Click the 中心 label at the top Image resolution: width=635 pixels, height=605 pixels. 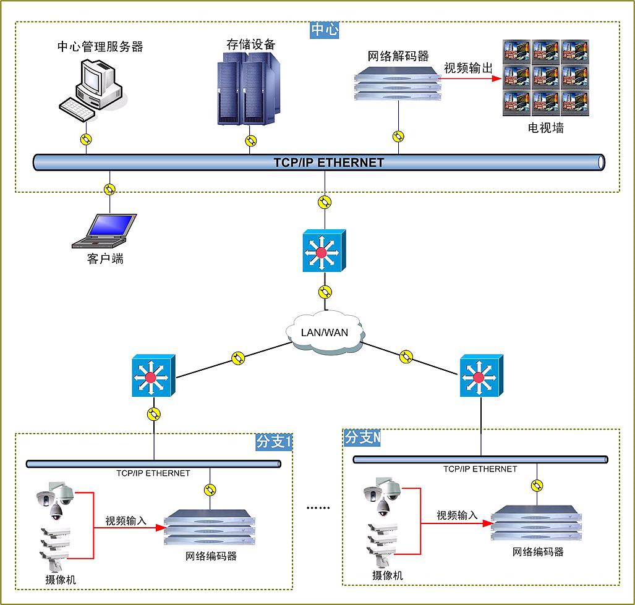click(x=325, y=30)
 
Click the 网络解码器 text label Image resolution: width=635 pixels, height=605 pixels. click(x=398, y=56)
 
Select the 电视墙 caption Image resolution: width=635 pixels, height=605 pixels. click(x=545, y=129)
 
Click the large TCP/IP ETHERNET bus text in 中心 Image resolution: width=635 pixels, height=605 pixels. click(x=329, y=163)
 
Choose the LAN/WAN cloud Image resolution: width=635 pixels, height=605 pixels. click(x=324, y=332)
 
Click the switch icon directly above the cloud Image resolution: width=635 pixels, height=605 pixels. click(x=323, y=251)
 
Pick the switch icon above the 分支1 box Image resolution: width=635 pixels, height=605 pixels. click(x=153, y=376)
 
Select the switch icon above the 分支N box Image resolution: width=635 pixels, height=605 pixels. click(x=480, y=376)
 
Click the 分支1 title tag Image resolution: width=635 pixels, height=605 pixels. click(x=273, y=442)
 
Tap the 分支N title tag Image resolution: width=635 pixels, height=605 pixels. click(x=362, y=438)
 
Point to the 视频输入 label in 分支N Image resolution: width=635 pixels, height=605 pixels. click(x=457, y=515)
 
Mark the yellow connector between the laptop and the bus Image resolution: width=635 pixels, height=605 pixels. click(x=110, y=189)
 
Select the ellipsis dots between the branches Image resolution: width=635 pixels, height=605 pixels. click(x=319, y=507)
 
